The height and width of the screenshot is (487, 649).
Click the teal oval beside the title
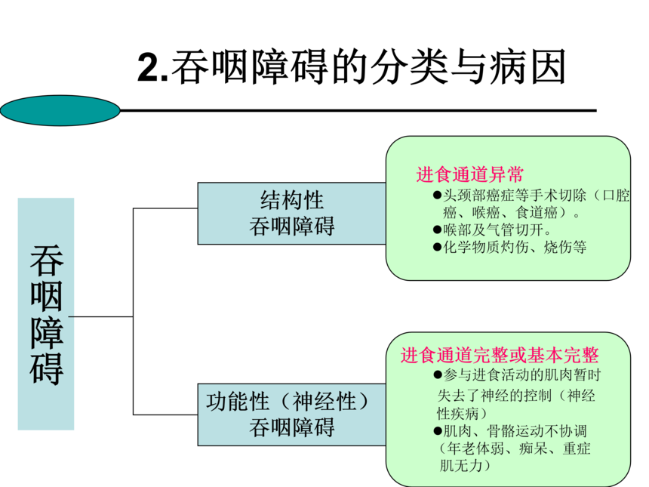tap(60, 110)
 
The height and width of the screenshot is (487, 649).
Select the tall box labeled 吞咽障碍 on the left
tap(46, 313)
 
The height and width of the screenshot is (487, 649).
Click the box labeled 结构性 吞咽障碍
tap(291, 213)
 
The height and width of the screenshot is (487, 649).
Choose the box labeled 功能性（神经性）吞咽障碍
tap(291, 414)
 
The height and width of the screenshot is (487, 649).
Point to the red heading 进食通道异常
tap(469, 175)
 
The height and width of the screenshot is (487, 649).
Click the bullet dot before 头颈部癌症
tap(437, 196)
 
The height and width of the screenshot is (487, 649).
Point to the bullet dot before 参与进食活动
tap(438, 375)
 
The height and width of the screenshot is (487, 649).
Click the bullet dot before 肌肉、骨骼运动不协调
tap(437, 431)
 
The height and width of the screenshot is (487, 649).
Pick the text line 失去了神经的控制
tap(517, 395)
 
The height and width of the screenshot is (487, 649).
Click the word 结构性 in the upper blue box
tap(291, 200)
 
